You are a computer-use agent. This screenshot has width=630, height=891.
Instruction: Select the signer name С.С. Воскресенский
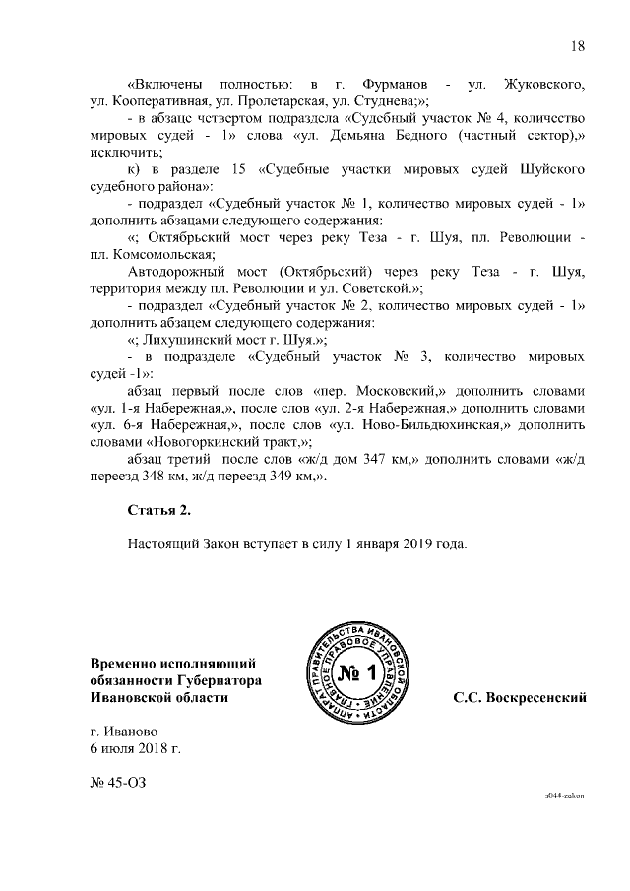pyautogui.click(x=520, y=697)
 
